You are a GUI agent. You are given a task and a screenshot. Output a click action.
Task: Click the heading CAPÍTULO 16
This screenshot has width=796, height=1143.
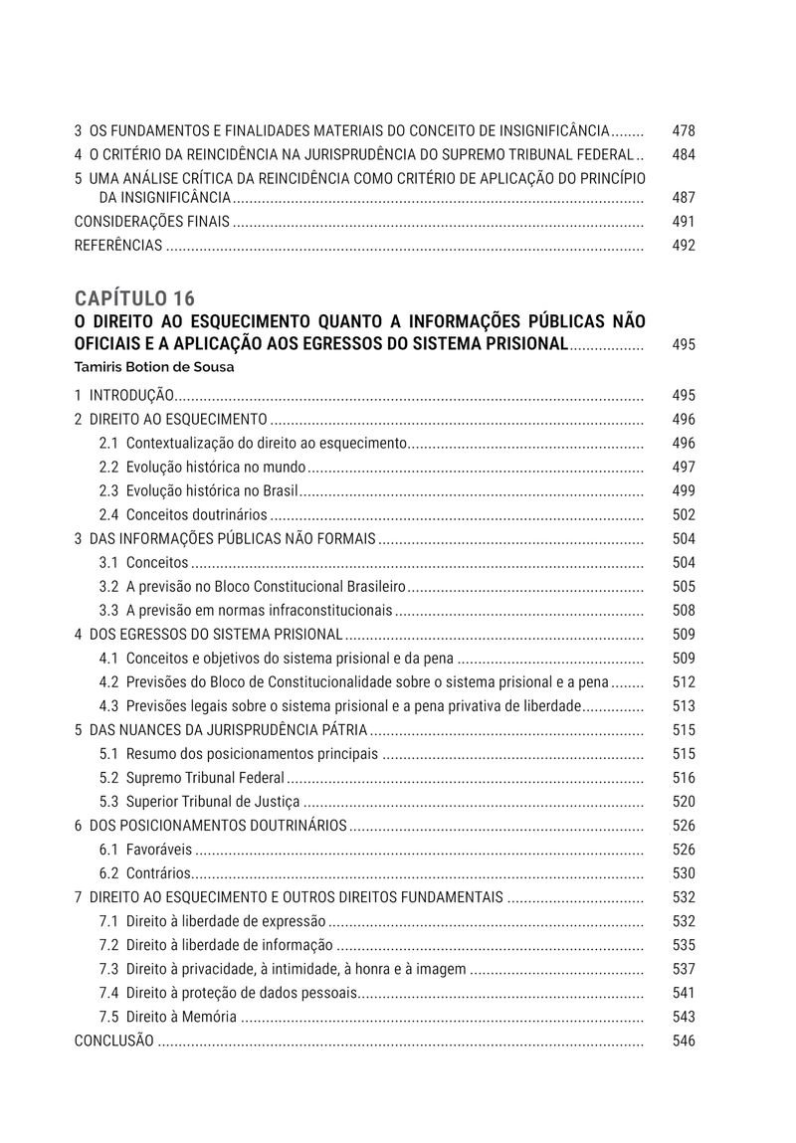point(134,298)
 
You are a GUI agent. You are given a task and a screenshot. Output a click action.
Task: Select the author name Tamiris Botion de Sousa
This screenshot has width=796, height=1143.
point(153,366)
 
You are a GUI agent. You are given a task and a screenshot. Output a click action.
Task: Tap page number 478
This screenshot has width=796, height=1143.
point(683,130)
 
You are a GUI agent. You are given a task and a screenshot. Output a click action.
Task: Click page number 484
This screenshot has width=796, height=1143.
point(683,155)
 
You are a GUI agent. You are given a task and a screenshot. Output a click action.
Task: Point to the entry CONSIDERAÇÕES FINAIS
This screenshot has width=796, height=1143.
point(152,222)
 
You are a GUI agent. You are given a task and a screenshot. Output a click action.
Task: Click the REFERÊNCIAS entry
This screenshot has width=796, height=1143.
point(118,246)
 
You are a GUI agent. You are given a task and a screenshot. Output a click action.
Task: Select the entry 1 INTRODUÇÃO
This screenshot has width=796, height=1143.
point(125,395)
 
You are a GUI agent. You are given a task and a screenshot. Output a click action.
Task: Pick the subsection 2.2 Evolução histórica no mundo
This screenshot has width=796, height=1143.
point(202,467)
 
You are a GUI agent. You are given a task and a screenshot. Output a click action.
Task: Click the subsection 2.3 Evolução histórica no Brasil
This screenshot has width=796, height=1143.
point(199,490)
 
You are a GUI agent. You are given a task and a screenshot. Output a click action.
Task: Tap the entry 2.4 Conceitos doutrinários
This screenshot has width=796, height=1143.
point(183,515)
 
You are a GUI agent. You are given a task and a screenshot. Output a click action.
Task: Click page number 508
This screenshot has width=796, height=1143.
point(683,611)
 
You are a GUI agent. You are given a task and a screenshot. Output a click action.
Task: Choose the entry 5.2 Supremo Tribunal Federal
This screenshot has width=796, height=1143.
point(191,778)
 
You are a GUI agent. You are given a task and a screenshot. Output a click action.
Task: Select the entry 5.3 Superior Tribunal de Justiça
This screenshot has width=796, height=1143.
point(199,802)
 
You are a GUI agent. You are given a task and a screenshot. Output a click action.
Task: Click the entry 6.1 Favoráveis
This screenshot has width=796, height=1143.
point(145,850)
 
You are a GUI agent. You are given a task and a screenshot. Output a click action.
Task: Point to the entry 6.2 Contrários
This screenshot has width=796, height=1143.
point(144,873)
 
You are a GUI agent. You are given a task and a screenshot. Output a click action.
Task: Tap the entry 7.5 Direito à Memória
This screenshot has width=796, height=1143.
point(168,1017)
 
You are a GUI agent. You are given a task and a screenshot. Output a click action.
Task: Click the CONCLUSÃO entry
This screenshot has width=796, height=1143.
point(114,1041)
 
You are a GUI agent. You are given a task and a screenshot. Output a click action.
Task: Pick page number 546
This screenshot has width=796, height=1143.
point(683,1041)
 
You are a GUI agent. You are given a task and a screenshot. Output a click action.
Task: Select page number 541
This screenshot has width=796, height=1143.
point(683,993)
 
